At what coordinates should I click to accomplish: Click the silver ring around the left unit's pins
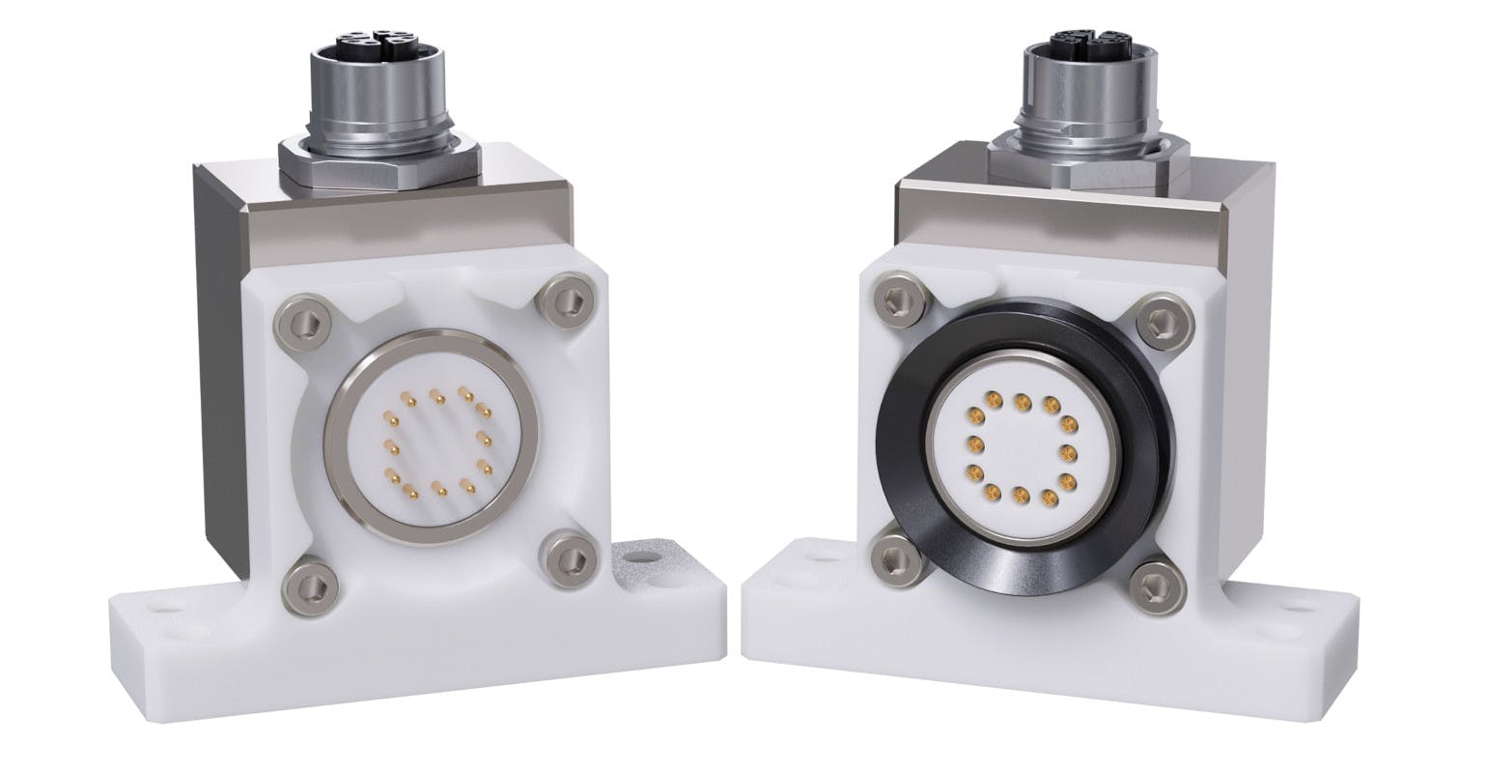[x=333, y=444]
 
